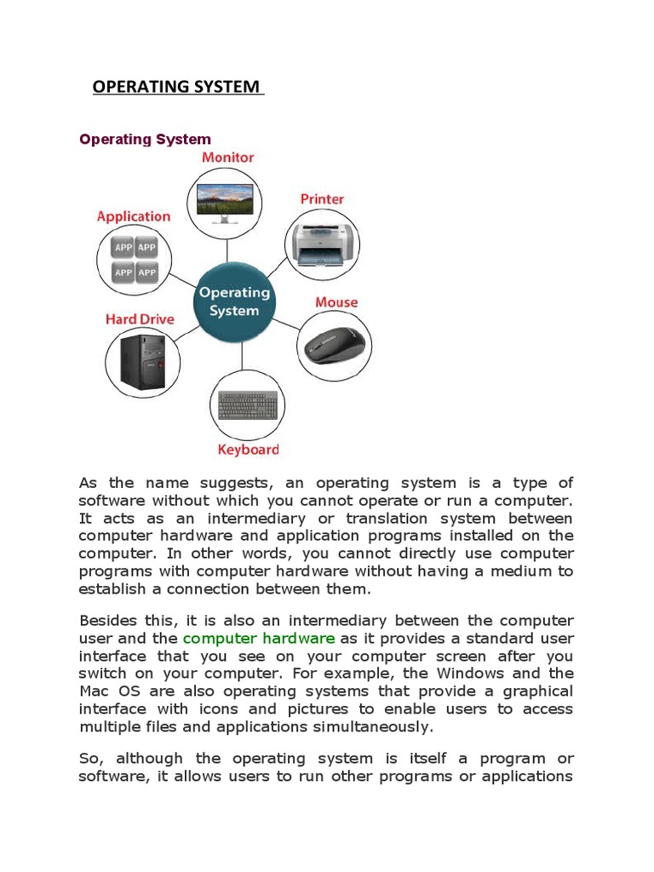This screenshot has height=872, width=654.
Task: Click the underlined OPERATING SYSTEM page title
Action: pos(177,87)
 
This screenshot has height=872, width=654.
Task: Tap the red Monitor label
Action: pos(227,158)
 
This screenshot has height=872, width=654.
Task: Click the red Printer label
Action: pos(322,199)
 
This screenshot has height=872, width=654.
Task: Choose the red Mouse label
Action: pos(336,302)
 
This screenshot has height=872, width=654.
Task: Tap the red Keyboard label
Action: pos(248,450)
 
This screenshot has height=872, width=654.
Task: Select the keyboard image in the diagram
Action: pos(248,405)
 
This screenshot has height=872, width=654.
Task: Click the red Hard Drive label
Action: pos(140,319)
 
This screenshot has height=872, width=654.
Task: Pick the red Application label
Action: pos(134,216)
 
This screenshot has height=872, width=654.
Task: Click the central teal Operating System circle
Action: pos(233,301)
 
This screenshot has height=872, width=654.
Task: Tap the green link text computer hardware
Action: pos(259,639)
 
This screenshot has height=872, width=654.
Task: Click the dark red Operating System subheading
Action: pos(145,139)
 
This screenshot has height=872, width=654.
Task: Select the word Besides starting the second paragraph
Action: pos(108,621)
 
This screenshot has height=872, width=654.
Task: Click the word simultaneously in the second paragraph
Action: pos(376,726)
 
